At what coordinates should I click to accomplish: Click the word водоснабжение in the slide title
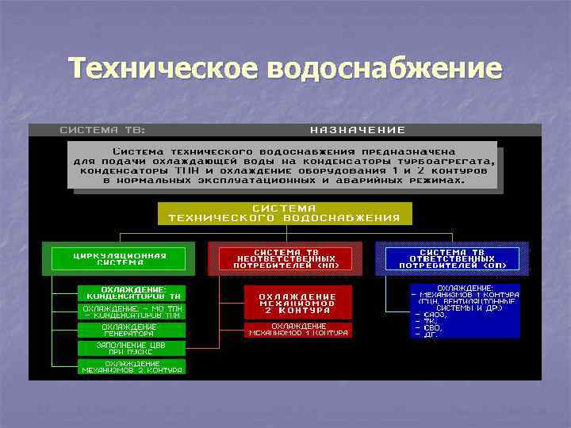385,68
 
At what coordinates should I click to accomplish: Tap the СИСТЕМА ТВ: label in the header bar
103,129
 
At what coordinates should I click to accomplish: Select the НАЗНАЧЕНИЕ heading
358,129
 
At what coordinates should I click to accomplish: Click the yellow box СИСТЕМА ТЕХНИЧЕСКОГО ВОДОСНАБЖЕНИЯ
285,212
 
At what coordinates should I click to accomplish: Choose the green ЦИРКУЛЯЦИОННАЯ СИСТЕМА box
119,259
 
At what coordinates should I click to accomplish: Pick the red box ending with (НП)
285,259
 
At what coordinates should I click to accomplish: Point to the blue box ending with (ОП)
452,259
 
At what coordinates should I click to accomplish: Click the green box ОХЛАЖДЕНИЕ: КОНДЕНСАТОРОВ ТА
132,292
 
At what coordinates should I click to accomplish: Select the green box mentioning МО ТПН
132,311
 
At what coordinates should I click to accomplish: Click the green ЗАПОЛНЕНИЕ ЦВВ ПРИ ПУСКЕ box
132,348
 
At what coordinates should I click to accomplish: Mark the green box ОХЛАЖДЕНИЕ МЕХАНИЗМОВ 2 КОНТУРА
132,366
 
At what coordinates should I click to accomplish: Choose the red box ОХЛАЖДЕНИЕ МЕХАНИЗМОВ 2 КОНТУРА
297,302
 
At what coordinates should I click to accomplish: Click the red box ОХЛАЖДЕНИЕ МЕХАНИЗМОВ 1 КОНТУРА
297,329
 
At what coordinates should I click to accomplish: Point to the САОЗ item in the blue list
432,315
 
